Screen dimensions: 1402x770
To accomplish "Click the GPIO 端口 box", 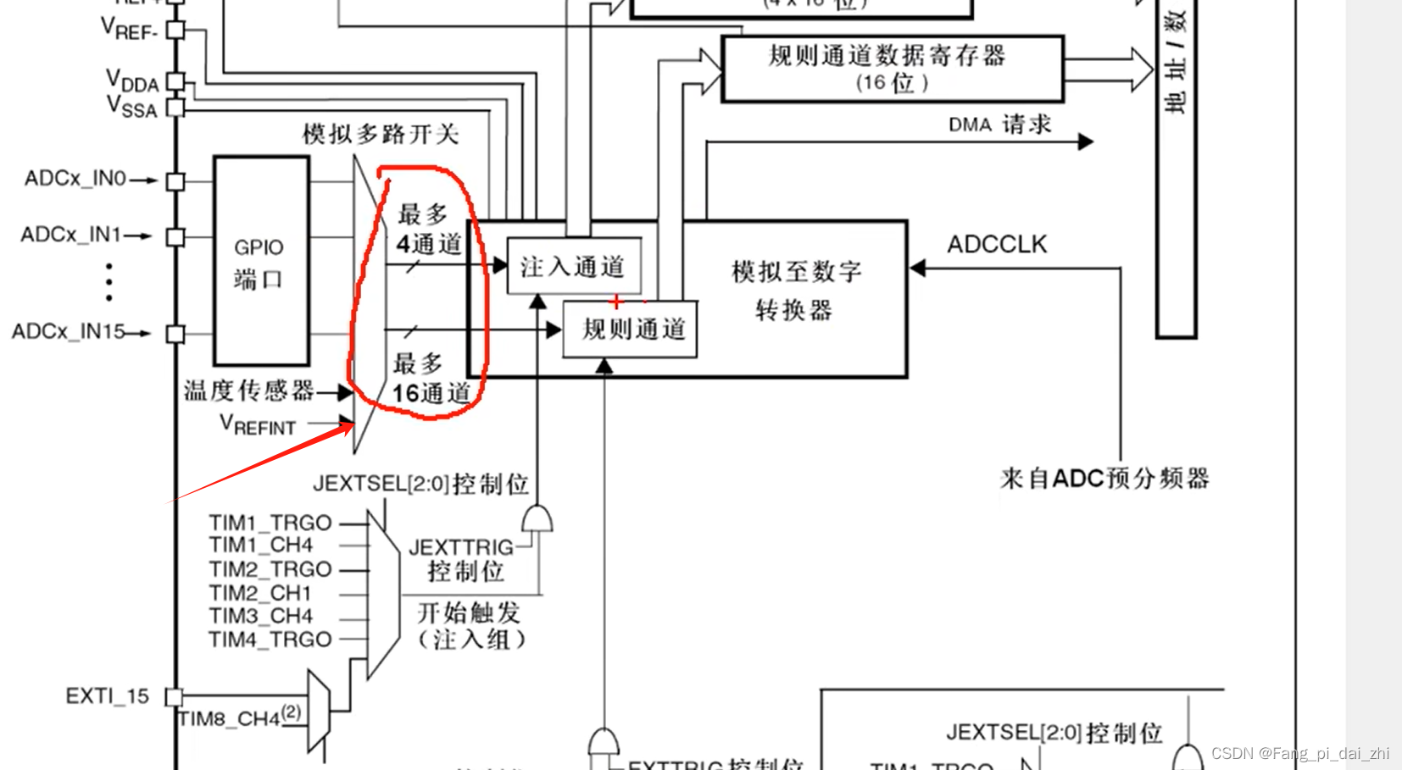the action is click(261, 261).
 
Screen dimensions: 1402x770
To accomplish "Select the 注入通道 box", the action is click(574, 267).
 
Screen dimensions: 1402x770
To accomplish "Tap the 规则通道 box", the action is click(630, 329).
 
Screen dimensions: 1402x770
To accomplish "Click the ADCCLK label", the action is click(997, 245).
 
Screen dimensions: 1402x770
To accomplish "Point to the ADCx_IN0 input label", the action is click(75, 179).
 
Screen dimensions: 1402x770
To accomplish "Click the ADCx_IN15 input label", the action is click(69, 331).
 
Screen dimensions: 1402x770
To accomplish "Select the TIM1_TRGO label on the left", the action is click(270, 523).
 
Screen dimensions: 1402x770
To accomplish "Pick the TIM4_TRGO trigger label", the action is click(270, 640).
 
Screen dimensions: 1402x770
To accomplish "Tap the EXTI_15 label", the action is click(107, 696).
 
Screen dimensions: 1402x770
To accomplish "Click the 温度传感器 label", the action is click(249, 391).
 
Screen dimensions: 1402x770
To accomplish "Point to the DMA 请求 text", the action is click(999, 125).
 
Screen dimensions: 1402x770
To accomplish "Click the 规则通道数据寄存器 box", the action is click(892, 69).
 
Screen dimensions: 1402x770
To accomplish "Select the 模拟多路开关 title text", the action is click(381, 134).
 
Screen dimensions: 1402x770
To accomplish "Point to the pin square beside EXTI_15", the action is click(175, 697).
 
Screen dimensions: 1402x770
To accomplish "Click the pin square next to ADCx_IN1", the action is click(175, 236).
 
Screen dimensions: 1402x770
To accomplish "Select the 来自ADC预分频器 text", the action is click(1104, 479).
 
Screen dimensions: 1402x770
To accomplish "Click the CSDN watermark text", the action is click(1299, 753).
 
